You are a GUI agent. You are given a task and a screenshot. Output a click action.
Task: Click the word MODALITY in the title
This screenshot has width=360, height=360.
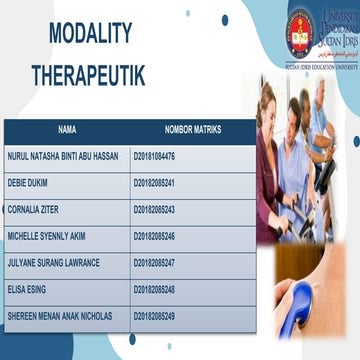pos(89,35)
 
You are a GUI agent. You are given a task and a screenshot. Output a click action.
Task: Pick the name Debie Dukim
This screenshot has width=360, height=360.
pos(28,183)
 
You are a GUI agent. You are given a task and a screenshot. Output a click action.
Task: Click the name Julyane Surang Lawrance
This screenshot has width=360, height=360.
pos(53,263)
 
